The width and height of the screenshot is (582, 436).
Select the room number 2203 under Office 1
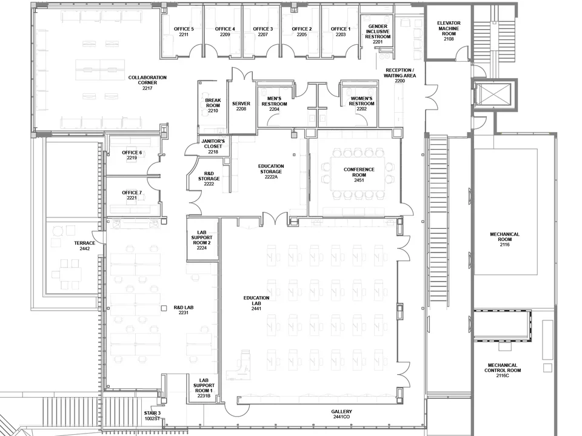tap(340, 35)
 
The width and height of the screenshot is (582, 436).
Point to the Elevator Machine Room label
tap(449, 31)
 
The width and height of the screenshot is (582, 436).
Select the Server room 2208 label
tap(241, 106)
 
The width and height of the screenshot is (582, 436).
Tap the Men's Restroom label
tap(274, 104)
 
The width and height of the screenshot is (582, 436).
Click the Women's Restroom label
tap(361, 104)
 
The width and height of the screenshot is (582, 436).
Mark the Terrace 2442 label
tap(84, 245)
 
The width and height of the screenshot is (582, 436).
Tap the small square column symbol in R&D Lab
tap(163, 308)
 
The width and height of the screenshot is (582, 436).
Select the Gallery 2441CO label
tap(341, 414)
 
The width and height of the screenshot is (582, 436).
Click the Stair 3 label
tap(152, 415)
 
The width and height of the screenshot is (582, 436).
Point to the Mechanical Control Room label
tap(501, 370)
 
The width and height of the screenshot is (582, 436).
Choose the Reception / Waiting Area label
tap(400, 76)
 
